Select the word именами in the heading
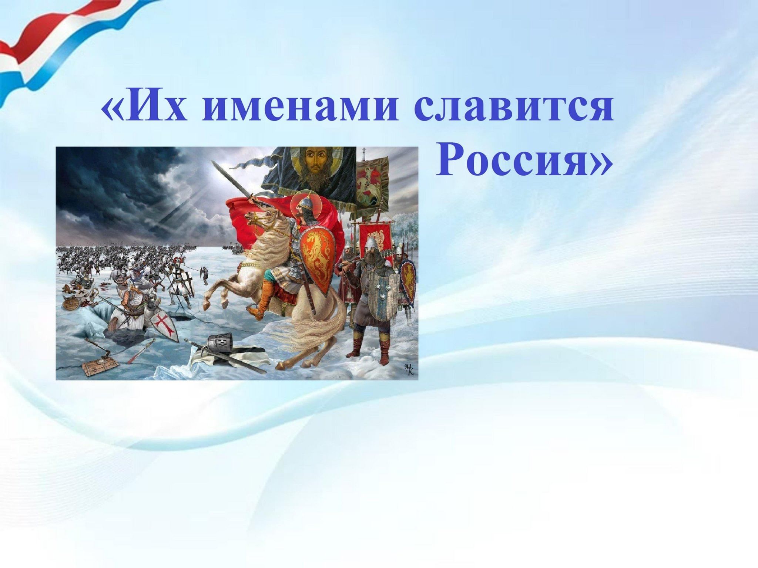[x=300, y=109]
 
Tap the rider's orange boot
[x=263, y=298]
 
